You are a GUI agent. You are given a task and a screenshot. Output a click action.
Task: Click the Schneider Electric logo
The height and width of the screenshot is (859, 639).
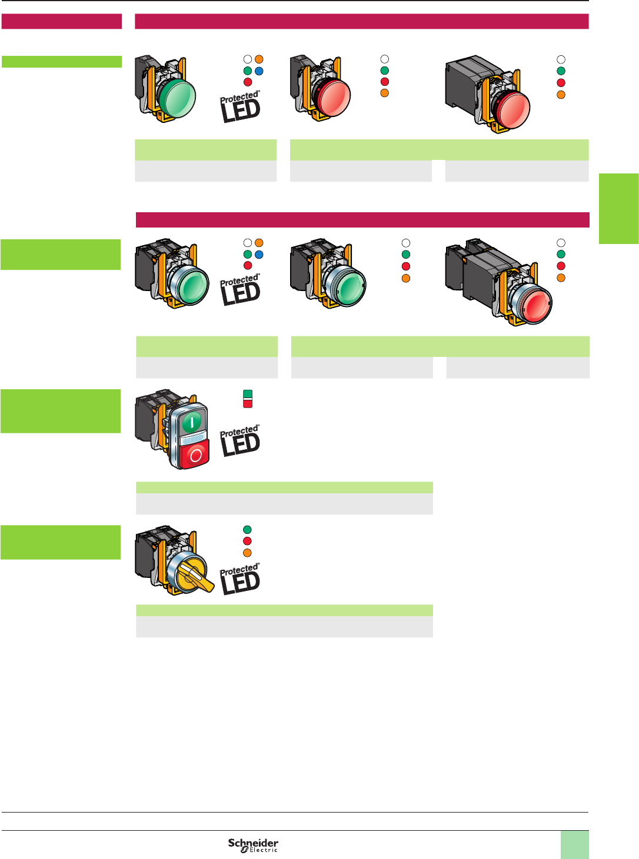tap(253, 845)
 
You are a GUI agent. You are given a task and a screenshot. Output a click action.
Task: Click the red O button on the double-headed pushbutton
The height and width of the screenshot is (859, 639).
tap(195, 455)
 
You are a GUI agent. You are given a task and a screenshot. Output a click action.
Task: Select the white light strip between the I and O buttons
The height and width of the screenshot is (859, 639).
tap(193, 439)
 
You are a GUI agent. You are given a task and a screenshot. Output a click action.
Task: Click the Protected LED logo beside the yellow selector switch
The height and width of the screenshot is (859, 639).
tap(240, 579)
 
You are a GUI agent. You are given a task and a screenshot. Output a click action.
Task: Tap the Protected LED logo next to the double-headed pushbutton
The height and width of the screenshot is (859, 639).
tap(240, 441)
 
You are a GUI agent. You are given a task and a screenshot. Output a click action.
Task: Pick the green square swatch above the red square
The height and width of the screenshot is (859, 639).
tap(248, 394)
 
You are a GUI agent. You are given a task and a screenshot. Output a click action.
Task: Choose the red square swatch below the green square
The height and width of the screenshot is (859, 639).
tap(248, 403)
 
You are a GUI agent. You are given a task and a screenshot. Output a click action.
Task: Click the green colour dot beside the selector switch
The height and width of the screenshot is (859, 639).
tap(248, 530)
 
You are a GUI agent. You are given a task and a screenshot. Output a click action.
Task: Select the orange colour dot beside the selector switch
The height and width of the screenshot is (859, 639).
tap(248, 553)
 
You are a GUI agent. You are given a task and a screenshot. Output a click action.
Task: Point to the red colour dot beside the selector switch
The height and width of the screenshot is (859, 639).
tap(248, 541)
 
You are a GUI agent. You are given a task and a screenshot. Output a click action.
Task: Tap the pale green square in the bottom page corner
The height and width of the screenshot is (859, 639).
tap(574, 844)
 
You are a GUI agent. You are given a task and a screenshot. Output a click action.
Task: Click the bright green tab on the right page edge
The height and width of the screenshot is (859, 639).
tap(619, 208)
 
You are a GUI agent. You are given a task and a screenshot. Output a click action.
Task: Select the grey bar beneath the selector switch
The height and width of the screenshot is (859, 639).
tap(284, 627)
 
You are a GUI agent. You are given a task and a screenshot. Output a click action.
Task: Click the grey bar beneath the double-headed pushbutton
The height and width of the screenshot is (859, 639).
tap(284, 504)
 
